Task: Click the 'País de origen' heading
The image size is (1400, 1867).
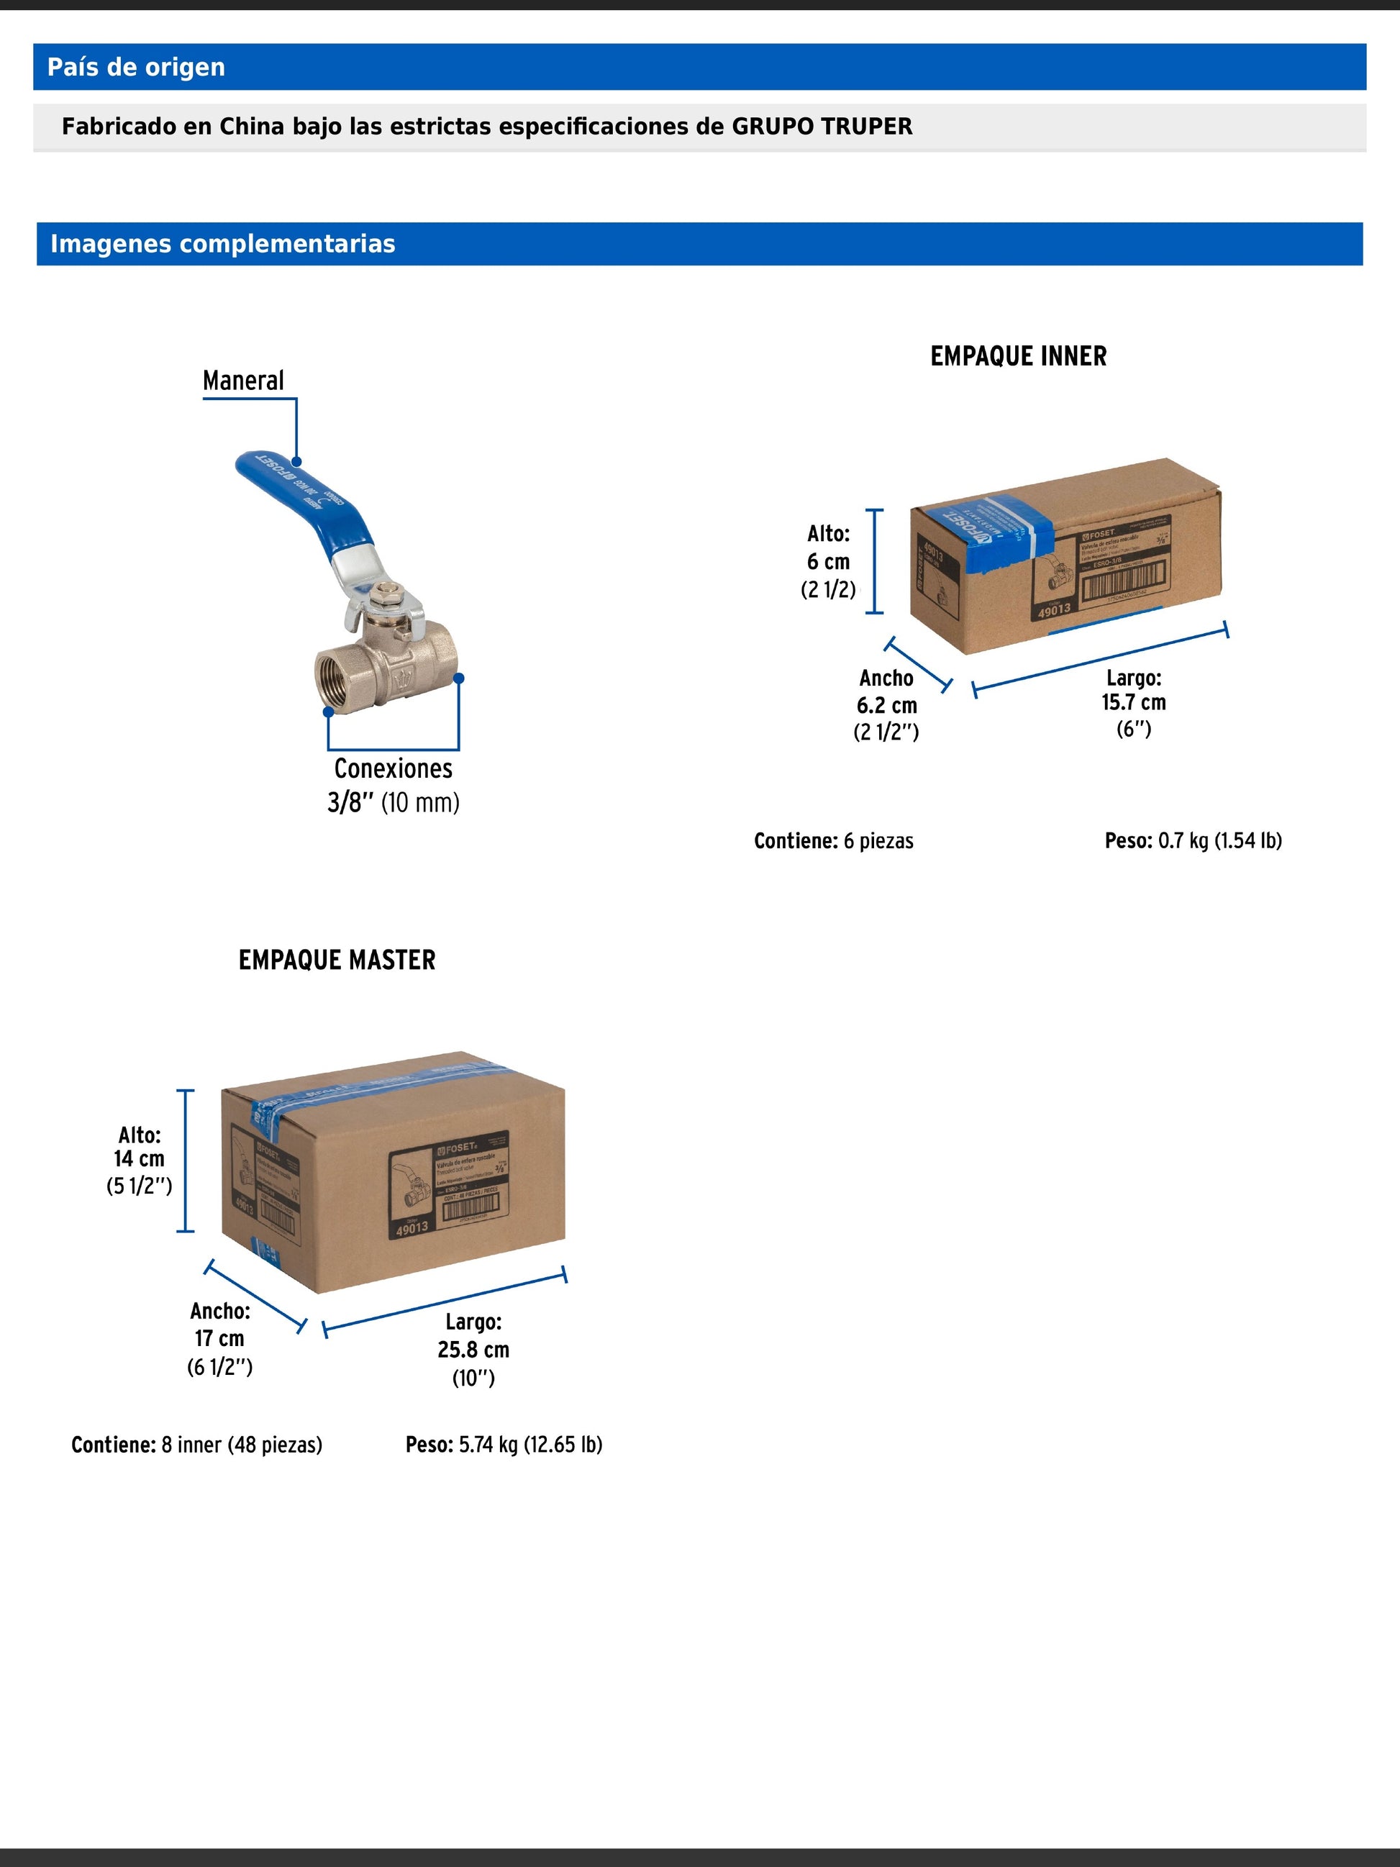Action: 136,67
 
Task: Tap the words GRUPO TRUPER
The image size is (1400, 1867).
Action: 821,127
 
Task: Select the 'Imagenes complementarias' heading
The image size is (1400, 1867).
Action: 223,244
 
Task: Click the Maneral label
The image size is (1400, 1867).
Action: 243,381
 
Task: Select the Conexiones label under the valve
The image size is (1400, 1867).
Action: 394,768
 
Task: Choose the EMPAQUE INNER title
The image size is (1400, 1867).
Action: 1019,356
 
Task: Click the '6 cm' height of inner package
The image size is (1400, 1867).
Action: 828,561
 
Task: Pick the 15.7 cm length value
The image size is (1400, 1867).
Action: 1133,702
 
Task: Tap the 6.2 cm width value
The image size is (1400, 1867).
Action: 886,706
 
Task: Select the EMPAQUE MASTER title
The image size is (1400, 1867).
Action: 337,960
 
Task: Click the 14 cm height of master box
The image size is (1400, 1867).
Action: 140,1159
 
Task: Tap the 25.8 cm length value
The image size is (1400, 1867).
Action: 473,1350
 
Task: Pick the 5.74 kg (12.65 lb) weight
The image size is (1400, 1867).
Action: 530,1444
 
